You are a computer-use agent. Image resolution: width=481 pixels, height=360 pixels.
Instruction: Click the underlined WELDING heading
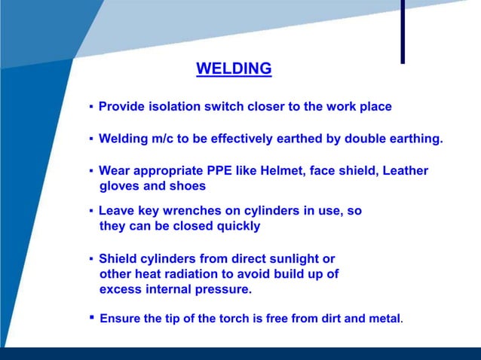234,69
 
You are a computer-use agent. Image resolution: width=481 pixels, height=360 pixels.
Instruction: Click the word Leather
401,171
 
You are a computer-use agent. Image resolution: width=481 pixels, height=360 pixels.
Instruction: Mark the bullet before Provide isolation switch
91,108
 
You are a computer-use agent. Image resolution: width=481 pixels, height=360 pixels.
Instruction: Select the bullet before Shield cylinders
91,260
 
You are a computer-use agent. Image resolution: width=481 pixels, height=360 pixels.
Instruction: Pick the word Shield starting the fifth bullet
117,259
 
